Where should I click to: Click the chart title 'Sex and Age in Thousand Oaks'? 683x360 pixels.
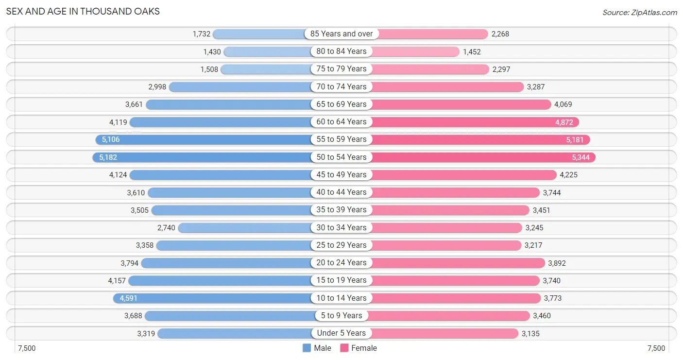point(83,11)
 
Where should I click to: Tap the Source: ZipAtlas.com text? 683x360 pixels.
point(640,12)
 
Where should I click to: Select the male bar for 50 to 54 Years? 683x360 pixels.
point(202,157)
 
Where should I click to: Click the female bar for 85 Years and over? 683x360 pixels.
point(433,34)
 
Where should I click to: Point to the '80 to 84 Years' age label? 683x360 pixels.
point(341,51)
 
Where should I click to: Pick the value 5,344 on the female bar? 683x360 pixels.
point(581,157)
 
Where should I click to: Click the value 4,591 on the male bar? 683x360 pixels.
point(128,298)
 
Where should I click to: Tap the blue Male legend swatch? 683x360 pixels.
point(307,348)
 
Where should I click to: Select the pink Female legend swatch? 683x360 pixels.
point(344,348)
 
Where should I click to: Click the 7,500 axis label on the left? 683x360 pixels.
point(27,348)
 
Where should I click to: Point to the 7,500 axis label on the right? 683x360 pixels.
point(656,348)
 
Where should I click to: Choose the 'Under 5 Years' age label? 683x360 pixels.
point(341,333)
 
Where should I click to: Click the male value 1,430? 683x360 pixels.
point(212,52)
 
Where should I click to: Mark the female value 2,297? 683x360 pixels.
point(501,69)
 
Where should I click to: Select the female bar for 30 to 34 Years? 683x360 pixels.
point(447,228)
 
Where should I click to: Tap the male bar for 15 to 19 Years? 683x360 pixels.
point(220,280)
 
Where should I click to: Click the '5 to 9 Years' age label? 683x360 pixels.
point(341,315)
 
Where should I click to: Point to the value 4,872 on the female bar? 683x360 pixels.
point(564,122)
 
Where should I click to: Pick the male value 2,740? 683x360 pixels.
point(166,228)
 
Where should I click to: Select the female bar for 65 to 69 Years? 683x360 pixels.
point(461,104)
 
